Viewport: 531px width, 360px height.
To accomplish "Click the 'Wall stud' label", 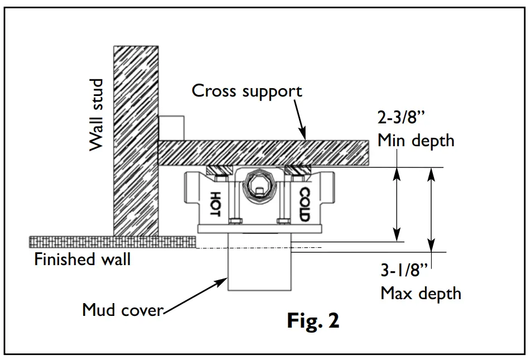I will click(97, 115).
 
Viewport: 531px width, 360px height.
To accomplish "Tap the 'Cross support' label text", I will click(247, 91).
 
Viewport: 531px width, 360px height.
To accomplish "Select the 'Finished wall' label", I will click(82, 260).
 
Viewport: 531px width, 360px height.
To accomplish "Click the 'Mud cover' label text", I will click(122, 309).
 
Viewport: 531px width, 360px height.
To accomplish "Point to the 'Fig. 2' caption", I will click(313, 321).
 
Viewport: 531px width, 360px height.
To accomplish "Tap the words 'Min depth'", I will click(416, 140).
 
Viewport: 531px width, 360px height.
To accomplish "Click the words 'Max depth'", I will click(421, 293).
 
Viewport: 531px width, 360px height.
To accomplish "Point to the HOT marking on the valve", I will click(215, 204).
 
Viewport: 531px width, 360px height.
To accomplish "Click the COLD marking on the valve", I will click(304, 204).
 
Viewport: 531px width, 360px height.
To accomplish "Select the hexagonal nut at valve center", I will click(259, 184).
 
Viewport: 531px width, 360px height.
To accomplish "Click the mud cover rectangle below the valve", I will click(259, 268).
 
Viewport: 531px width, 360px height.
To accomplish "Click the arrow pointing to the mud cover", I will click(195, 296).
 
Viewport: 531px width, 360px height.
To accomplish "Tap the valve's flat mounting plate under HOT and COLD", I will click(259, 229).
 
